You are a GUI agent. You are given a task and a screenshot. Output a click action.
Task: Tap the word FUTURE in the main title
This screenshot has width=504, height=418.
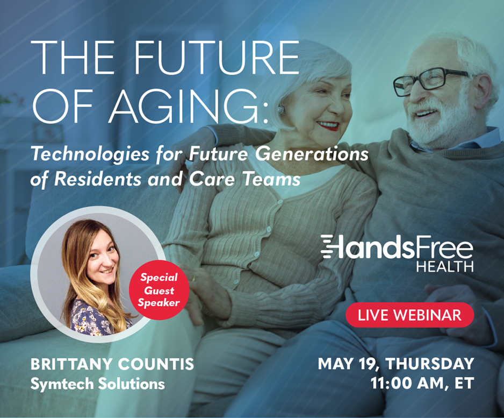point(217,57)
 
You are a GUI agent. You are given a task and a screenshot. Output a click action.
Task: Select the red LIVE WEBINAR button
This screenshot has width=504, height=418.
point(409,315)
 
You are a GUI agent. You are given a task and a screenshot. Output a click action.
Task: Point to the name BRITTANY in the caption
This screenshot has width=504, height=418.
point(71,364)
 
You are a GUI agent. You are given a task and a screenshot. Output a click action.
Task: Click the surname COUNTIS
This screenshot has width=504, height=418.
point(156,364)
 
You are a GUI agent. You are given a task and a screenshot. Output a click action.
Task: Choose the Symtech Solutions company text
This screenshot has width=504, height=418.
point(97,384)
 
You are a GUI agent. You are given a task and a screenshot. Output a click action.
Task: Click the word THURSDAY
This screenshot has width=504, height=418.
point(430,364)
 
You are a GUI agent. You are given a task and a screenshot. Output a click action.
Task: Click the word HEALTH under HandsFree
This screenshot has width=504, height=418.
point(445,266)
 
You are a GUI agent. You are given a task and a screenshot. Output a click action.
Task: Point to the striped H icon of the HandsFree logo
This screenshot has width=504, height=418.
point(332,246)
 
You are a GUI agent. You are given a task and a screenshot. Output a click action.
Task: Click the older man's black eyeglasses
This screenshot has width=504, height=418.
point(431,81)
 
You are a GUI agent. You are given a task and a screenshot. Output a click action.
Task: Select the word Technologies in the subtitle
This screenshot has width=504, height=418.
point(90,155)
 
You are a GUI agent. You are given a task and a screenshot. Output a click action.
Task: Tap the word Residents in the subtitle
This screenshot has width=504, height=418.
point(98,179)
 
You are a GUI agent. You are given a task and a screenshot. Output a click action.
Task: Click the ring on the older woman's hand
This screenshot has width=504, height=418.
point(193,278)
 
